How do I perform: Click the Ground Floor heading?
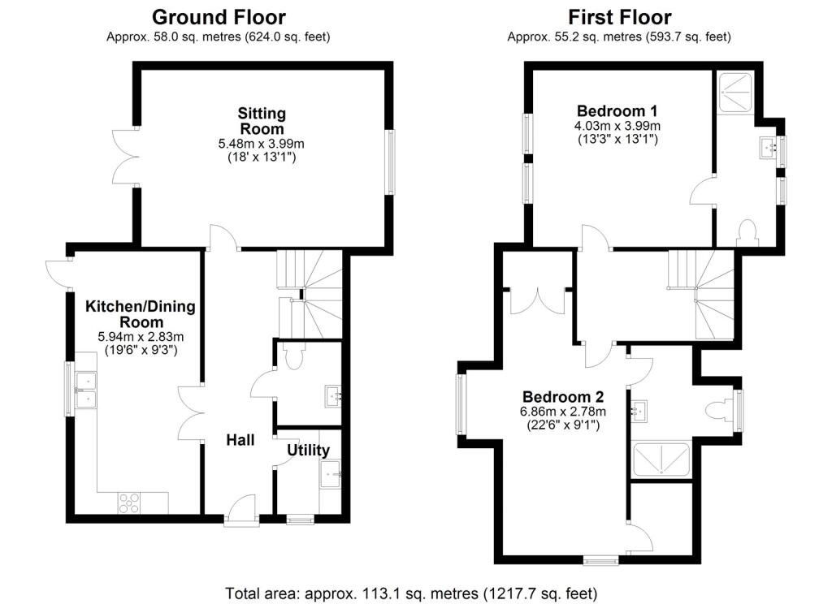click(219, 16)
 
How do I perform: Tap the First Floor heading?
click(619, 16)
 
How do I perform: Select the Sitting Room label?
click(261, 120)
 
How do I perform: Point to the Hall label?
click(240, 441)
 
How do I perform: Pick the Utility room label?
click(309, 451)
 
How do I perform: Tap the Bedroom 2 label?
click(563, 397)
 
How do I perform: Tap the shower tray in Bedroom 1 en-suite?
click(734, 90)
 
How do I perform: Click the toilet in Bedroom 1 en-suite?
click(745, 235)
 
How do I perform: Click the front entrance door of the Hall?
click(240, 511)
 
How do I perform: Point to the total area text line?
click(411, 593)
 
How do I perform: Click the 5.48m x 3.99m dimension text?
click(261, 144)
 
